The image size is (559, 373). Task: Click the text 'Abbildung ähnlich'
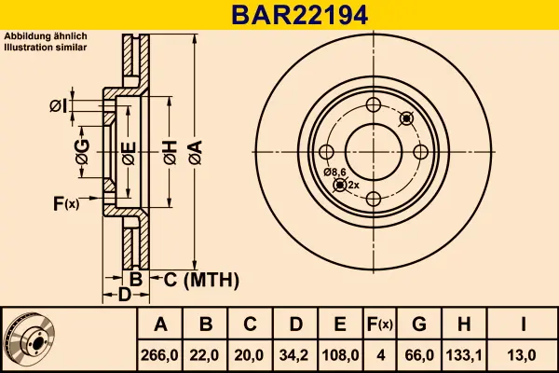[x=46, y=35]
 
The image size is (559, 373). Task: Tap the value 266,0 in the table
[x=161, y=355]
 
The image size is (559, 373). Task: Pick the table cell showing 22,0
[x=206, y=355]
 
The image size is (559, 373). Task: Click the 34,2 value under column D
[x=295, y=355]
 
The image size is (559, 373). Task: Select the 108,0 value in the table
[x=340, y=355]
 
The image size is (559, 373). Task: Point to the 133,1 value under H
[x=465, y=355]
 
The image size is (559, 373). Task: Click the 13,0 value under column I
[x=525, y=355]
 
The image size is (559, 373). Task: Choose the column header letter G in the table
[x=419, y=325]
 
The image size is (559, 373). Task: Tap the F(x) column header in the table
[x=379, y=325]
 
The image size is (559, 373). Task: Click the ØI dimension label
[x=58, y=105]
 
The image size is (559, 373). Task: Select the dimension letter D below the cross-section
[x=124, y=296]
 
